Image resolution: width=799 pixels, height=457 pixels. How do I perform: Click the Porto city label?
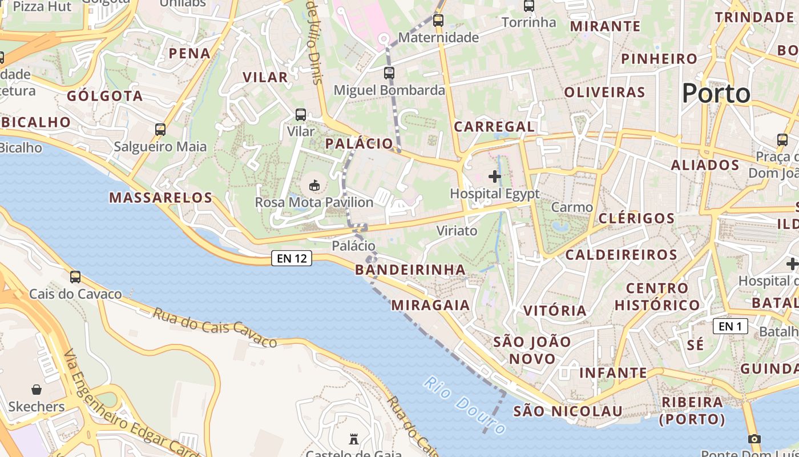(716, 93)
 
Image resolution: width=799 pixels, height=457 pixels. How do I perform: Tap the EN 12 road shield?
(292, 259)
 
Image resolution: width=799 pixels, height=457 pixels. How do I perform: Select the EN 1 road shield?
(730, 326)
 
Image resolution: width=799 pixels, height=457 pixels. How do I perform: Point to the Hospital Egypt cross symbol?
(495, 177)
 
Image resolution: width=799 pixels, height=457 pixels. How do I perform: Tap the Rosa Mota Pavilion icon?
(314, 185)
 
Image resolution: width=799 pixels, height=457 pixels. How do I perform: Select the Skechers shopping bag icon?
(37, 390)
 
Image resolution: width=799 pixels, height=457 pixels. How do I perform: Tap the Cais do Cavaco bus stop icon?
(75, 277)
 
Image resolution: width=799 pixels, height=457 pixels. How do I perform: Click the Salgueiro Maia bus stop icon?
(160, 130)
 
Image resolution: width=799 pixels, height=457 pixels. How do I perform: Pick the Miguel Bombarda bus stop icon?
(389, 73)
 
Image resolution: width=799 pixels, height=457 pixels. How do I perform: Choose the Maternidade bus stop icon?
(438, 21)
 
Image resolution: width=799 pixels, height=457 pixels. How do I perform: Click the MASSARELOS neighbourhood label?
(160, 198)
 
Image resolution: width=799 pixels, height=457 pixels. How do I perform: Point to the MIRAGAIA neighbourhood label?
(431, 305)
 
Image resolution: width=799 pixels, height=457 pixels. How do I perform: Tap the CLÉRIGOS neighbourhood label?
(636, 218)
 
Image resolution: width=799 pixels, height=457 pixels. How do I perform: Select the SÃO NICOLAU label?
(568, 411)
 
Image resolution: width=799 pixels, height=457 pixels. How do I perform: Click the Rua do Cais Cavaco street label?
(215, 327)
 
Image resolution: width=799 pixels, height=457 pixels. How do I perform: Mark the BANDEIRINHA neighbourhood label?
(410, 270)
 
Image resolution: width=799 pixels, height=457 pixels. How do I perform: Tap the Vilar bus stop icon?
(301, 115)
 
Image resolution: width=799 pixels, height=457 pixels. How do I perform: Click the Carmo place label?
(572, 207)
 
